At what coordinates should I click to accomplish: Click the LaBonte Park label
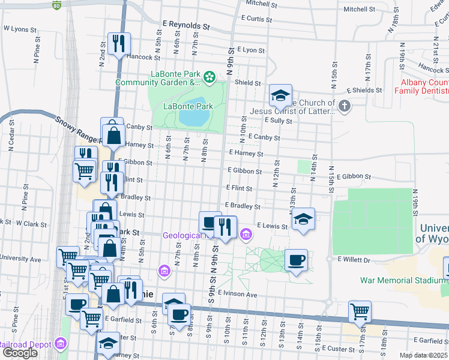click(x=188, y=106)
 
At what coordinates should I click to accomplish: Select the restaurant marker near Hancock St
click(x=119, y=43)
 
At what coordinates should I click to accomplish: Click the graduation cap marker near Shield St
click(x=280, y=95)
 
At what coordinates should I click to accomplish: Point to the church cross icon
click(x=344, y=106)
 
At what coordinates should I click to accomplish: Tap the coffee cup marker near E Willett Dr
click(x=296, y=260)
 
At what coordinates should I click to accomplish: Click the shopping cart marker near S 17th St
click(x=360, y=311)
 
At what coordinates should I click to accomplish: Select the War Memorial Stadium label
click(x=403, y=280)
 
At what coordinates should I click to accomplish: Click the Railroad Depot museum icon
click(x=60, y=344)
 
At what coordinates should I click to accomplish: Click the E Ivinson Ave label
click(x=238, y=295)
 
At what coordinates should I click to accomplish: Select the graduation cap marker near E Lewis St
click(x=303, y=219)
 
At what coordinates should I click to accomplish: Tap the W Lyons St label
click(x=20, y=28)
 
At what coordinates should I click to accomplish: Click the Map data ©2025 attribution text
click(x=424, y=355)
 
